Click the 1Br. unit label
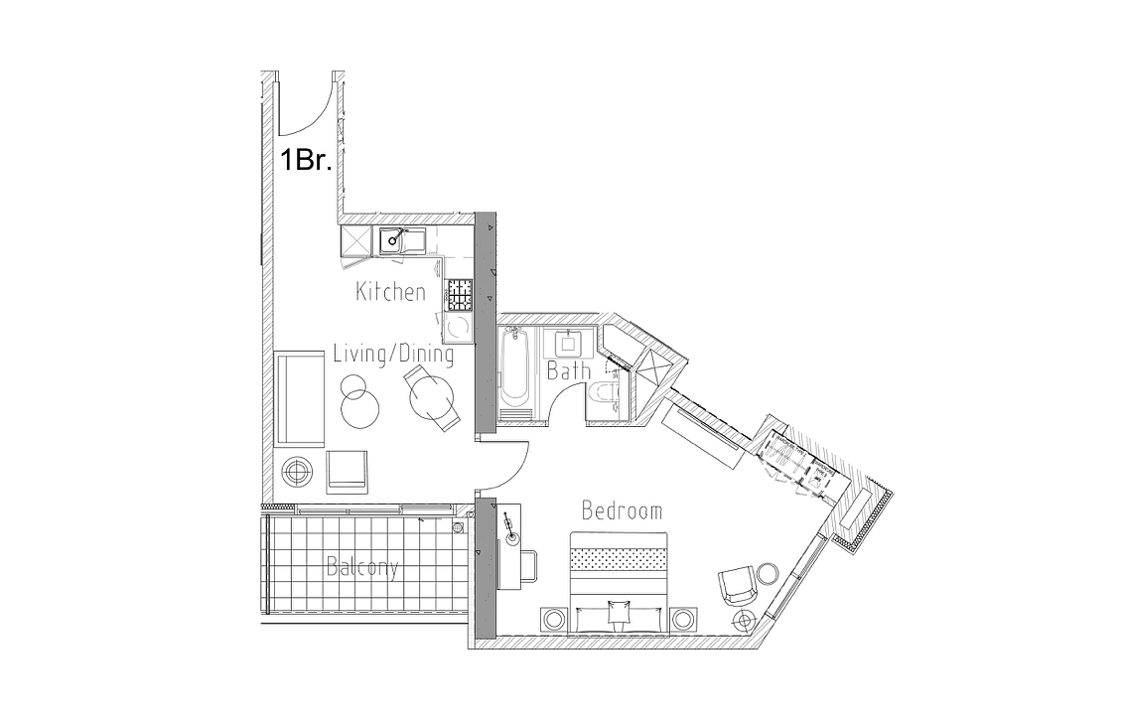coord(306,160)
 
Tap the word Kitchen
coord(390,291)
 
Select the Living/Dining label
coord(393,354)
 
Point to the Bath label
coord(569,370)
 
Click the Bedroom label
coord(622,510)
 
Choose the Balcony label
coord(362,567)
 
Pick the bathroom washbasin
coord(568,343)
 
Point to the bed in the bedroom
coord(619,583)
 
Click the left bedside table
coord(554,618)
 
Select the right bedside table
coord(683,618)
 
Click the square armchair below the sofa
coord(348,471)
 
